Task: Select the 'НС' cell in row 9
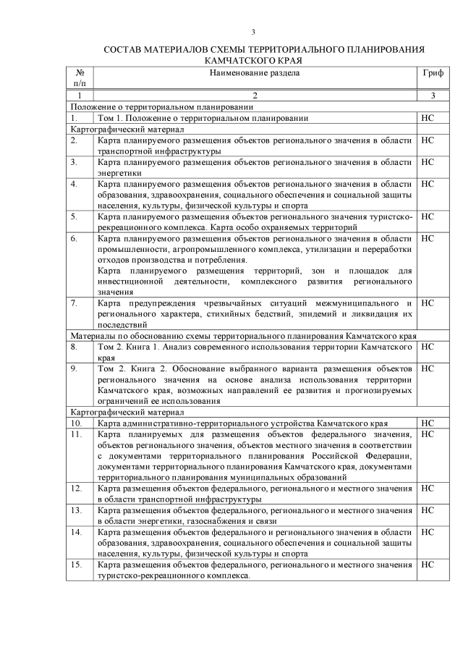(x=427, y=368)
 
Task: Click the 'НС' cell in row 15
(x=427, y=564)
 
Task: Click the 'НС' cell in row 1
(x=427, y=117)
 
